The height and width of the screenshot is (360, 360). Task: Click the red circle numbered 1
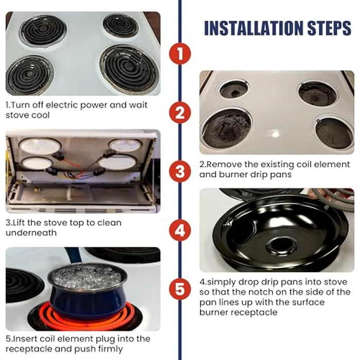click(x=179, y=53)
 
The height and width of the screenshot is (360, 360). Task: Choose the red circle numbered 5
click(x=179, y=289)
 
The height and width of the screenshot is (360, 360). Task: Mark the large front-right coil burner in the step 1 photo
click(x=129, y=69)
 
